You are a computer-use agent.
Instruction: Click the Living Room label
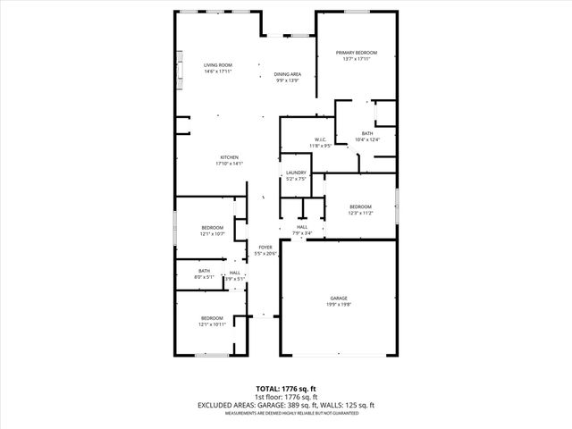coord(217,65)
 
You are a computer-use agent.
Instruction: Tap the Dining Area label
coord(287,74)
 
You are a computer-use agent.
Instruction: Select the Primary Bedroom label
coord(357,54)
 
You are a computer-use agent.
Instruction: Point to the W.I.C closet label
coord(321,139)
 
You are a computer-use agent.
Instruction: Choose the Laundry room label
coord(296,172)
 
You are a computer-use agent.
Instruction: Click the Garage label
coord(338,298)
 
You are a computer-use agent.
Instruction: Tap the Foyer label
coord(265,247)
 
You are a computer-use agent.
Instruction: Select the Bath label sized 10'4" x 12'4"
coord(367,133)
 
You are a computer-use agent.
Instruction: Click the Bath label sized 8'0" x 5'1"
coord(205,271)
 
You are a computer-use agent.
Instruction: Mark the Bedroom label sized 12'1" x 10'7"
coord(212,227)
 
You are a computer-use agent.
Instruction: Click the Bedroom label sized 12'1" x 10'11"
coord(212,318)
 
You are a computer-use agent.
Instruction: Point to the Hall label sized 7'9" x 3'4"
coord(302,227)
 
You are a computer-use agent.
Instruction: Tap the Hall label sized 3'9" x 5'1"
coord(234,273)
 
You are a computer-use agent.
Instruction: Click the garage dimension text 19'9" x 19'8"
coord(338,304)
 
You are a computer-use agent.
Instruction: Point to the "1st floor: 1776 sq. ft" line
coord(286,398)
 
